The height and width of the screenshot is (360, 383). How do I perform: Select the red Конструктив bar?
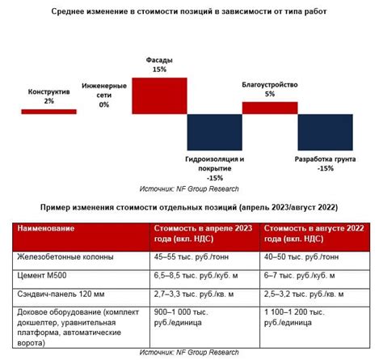pos(48,111)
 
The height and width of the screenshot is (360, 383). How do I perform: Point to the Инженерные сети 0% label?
pos(103,94)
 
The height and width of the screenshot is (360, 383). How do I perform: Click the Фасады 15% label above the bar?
pos(159,65)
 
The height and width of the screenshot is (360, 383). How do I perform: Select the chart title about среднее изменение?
pos(191,13)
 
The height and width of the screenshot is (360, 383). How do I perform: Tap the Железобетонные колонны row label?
pos(64,258)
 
